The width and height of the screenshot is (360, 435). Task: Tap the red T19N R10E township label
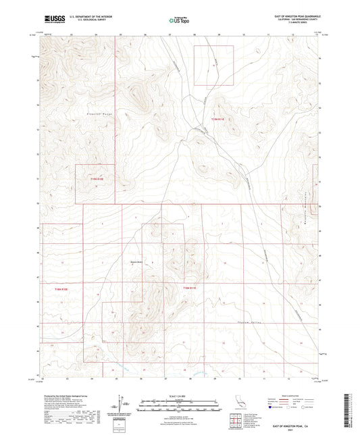[99, 179]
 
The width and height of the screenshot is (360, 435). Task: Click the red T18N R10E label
[61, 289]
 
